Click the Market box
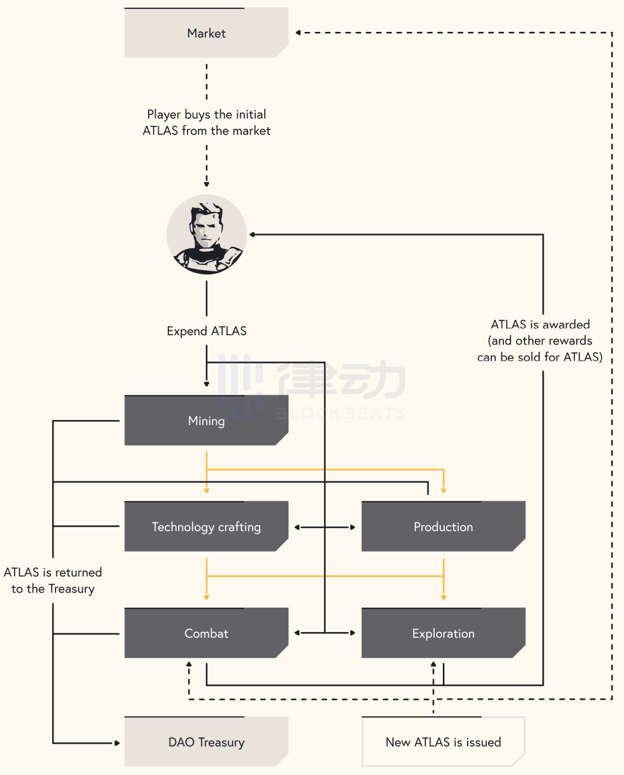[206, 33]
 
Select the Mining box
[206, 420]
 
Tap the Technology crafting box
[206, 526]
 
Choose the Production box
[443, 526]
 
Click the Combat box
[206, 633]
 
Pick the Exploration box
[443, 633]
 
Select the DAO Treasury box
[206, 742]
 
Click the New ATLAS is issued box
[443, 742]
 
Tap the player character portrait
[207, 234]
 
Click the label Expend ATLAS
[206, 331]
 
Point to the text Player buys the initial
[206, 114]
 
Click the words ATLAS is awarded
[540, 324]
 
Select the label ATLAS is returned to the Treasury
[53, 580]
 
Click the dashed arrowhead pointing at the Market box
[298, 33]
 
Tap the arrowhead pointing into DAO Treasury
[117, 743]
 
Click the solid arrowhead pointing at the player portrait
[252, 234]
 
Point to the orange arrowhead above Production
[443, 491]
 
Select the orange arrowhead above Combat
[206, 598]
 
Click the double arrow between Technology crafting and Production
[325, 527]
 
